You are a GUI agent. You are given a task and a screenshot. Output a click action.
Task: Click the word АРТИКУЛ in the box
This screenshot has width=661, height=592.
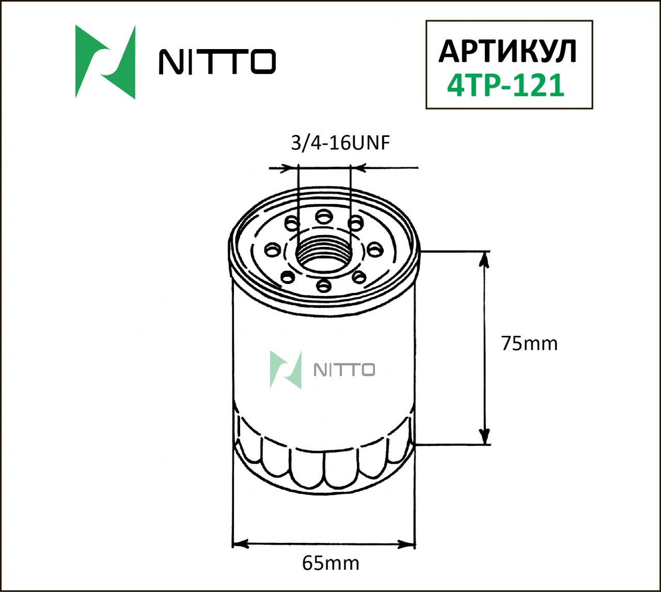click(508, 51)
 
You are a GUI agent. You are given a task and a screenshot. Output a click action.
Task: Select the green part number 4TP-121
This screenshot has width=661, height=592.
click(506, 86)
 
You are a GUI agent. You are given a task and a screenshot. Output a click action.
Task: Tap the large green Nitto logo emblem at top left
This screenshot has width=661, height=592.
click(105, 62)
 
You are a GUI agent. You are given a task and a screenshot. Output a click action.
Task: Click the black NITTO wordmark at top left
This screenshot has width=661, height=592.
click(217, 62)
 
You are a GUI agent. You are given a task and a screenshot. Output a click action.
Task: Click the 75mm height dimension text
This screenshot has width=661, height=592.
click(529, 344)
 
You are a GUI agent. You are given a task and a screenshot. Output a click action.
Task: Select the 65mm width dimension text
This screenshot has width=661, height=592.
click(330, 563)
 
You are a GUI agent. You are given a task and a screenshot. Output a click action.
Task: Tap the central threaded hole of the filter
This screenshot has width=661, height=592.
click(324, 254)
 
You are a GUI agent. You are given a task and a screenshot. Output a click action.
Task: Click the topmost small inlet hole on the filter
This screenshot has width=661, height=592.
click(324, 215)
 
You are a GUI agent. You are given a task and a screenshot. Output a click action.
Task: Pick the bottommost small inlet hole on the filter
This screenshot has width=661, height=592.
click(324, 285)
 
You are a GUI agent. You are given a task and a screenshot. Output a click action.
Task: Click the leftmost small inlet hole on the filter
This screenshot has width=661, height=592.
click(271, 251)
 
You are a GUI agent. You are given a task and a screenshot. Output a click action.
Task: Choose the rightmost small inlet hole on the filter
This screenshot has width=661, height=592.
click(376, 250)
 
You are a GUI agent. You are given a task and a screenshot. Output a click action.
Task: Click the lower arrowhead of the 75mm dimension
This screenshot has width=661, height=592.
click(484, 436)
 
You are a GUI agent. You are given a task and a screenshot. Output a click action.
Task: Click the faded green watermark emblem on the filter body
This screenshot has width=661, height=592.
click(286, 370)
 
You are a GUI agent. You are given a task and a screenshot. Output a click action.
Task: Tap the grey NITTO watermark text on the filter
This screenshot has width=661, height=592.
click(344, 370)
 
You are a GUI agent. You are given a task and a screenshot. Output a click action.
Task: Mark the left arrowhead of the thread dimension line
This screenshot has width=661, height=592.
click(292, 168)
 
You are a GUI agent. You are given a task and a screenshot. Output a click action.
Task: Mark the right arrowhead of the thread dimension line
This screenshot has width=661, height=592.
click(357, 168)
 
